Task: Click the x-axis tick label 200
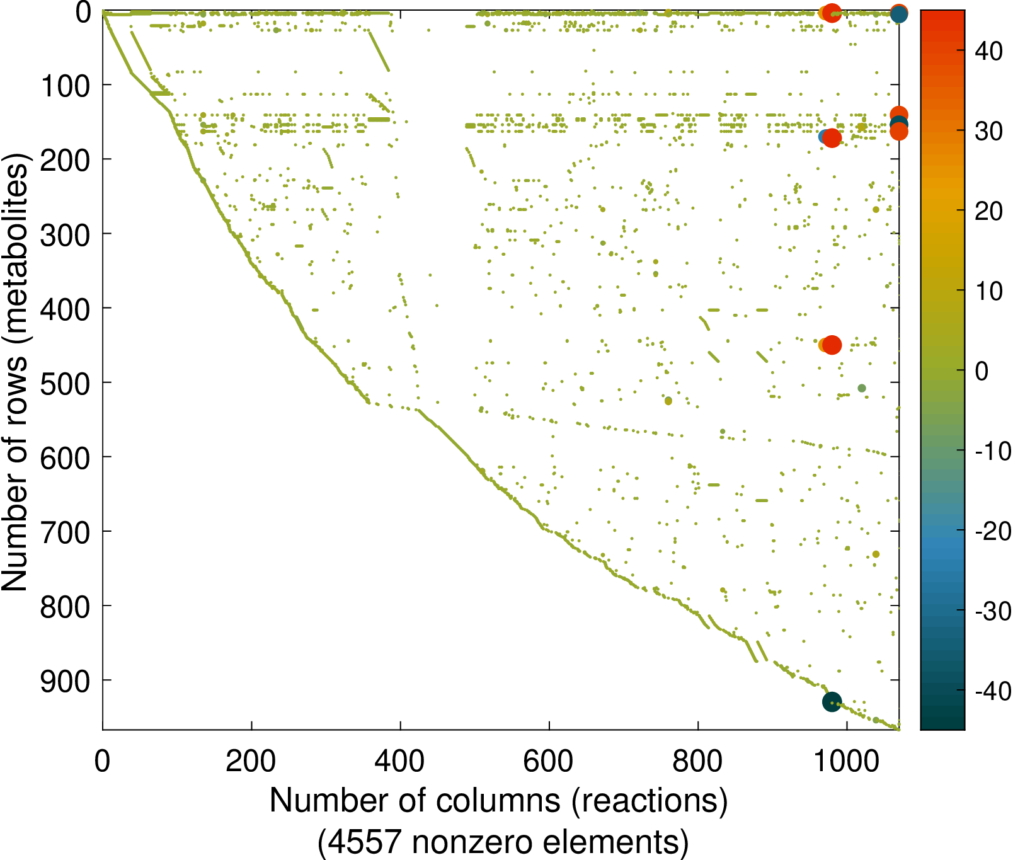pos(251,761)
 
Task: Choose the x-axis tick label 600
pos(549,761)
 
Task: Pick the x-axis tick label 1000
pos(847,761)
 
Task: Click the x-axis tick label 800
pos(697,761)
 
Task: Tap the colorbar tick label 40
pos(988,51)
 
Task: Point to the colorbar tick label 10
pos(988,291)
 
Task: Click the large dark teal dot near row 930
pos(832,701)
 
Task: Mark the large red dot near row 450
pos(832,345)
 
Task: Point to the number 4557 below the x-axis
pos(365,842)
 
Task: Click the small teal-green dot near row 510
pos(862,388)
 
